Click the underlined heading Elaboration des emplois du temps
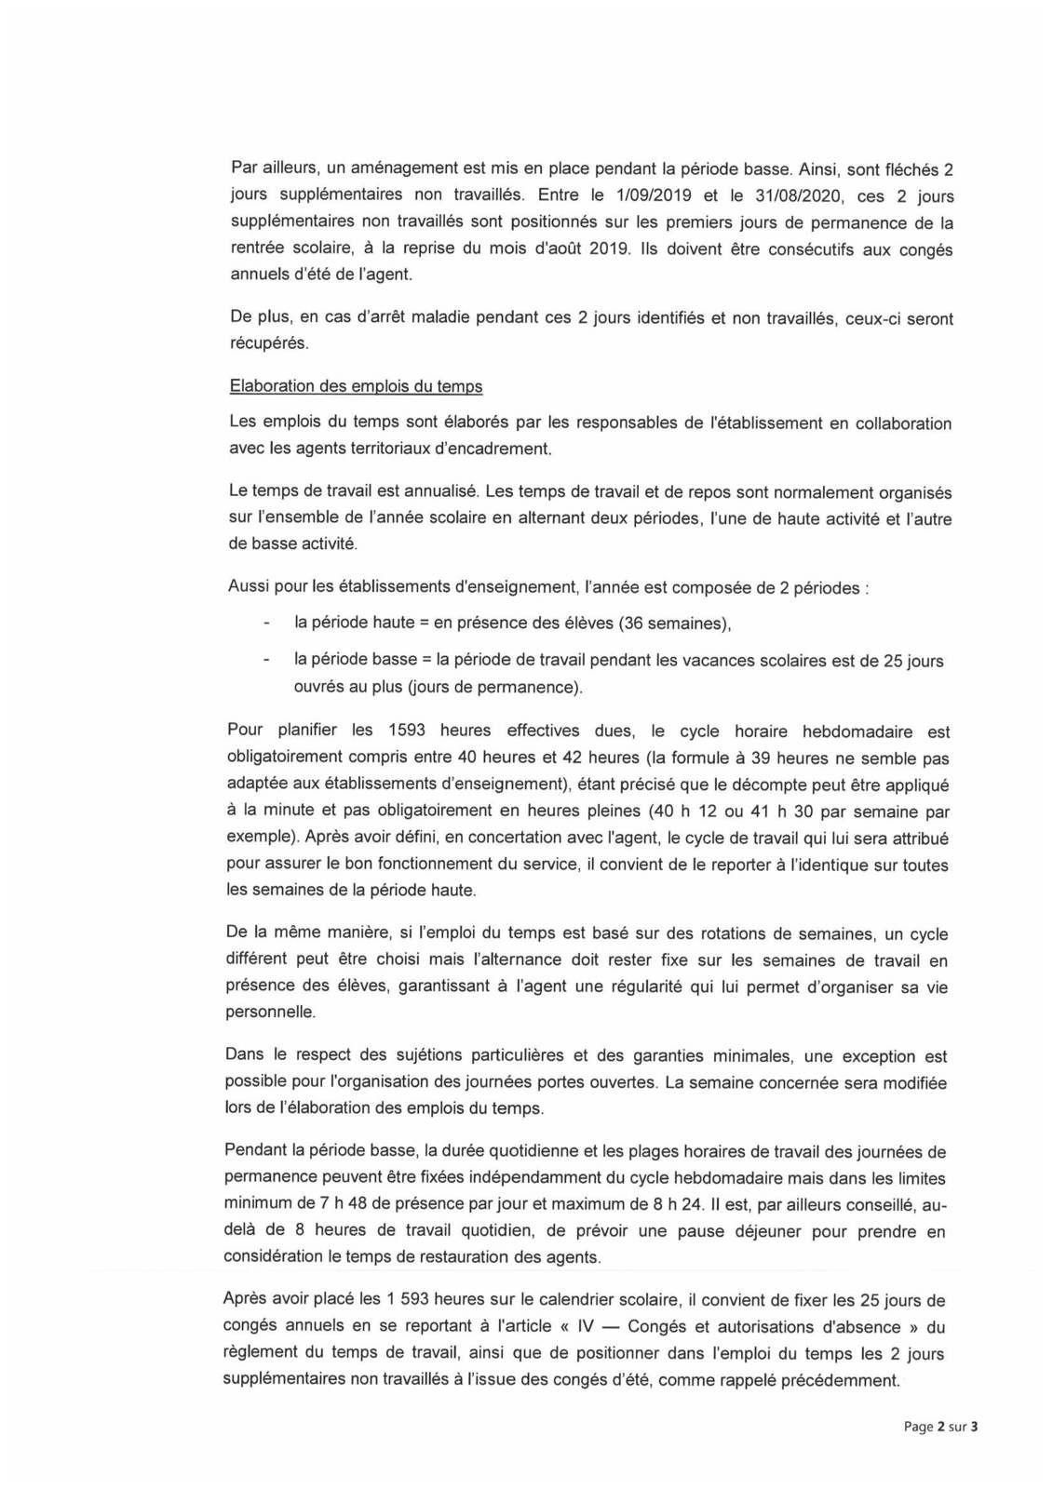(x=356, y=386)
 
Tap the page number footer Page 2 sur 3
(x=940, y=1427)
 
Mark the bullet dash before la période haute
(x=267, y=624)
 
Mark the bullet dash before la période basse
(x=267, y=661)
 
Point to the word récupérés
(x=268, y=343)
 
